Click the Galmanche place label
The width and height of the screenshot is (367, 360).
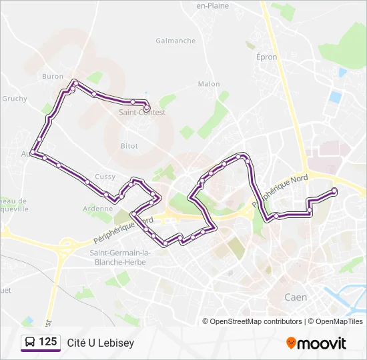point(175,41)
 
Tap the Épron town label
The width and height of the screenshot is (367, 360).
point(266,57)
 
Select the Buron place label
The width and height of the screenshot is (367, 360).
point(53,77)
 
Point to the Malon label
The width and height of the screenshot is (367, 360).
point(209,84)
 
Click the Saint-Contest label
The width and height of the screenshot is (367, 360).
point(141,113)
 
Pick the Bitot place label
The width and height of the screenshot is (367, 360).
point(129,145)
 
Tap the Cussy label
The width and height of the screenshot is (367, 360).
point(105,177)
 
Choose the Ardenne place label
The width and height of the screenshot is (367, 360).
point(98,209)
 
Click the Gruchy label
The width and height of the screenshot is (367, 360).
point(15,99)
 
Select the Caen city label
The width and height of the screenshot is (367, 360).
point(296,297)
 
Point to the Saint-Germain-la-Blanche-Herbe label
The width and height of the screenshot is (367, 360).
point(120,257)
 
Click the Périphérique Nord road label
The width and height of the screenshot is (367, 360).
point(285,184)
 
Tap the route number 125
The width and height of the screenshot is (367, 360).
point(47,342)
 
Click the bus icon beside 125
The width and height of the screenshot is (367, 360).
point(30,343)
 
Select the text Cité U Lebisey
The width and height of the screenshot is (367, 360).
point(100,343)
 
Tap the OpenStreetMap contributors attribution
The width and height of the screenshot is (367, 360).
point(252,321)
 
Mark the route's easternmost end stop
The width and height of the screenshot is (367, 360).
point(334,191)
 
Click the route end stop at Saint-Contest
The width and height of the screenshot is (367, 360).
point(146,107)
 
